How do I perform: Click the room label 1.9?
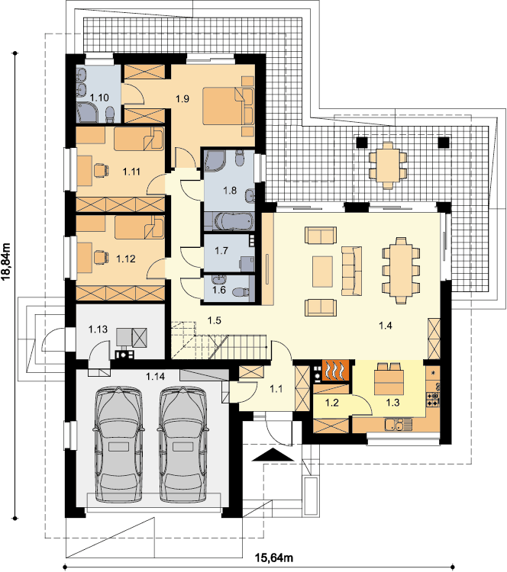tap(182, 98)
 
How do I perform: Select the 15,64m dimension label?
tap(274, 558)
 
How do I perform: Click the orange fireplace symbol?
tap(335, 371)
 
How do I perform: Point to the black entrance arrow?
tap(273, 455)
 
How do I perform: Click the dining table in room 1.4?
tap(401, 270)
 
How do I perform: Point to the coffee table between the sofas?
tap(322, 272)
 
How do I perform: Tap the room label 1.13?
tap(98, 329)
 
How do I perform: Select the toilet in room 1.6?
tap(241, 293)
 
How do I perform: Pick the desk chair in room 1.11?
tap(102, 170)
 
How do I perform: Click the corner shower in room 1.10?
tap(87, 112)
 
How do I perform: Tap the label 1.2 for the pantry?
tap(331, 403)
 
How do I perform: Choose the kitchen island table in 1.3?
tap(389, 382)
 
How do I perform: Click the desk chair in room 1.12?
tap(102, 257)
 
